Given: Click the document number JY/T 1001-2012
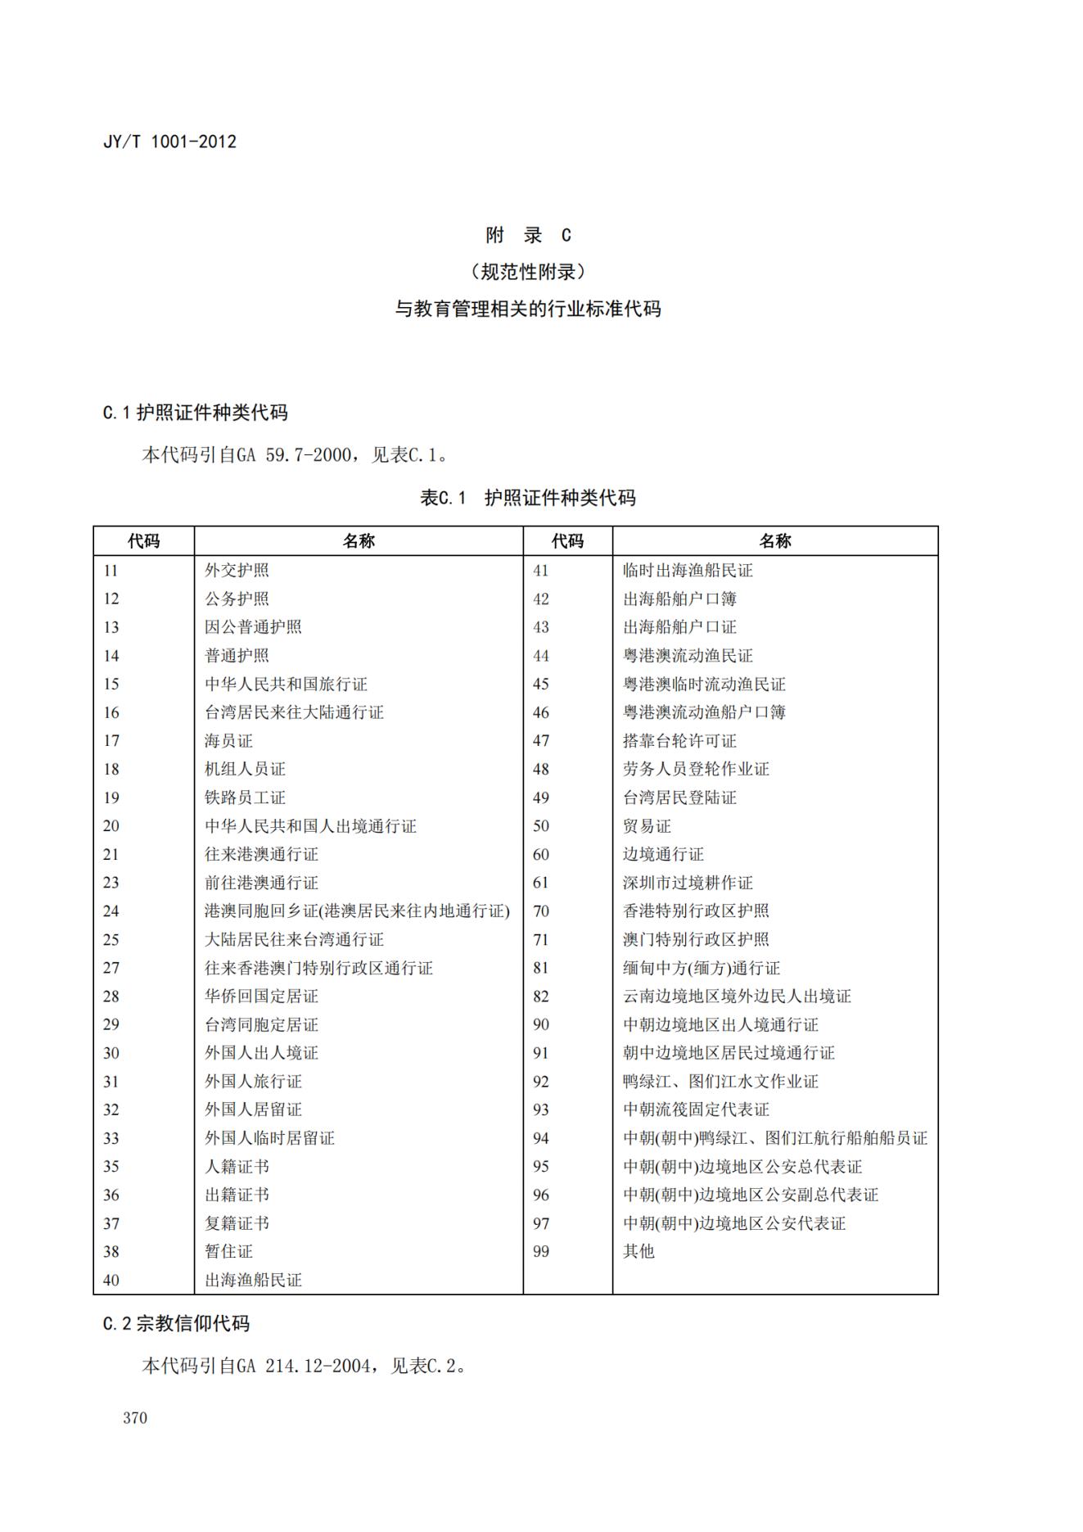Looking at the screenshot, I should (x=169, y=142).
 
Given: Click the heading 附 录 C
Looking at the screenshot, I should (x=528, y=236).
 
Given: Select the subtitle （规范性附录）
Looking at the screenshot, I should (x=528, y=272).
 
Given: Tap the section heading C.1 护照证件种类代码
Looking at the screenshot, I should (x=195, y=413).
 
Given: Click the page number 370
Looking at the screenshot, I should (x=135, y=1418).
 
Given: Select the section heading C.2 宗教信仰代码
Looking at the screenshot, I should (x=176, y=1324).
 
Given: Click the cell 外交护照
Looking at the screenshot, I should (x=237, y=571).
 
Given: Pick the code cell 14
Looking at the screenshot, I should (x=111, y=656).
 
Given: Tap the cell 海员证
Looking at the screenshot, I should (x=228, y=741).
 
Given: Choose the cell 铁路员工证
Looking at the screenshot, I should (x=245, y=798).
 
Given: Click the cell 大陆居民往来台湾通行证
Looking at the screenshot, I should (x=294, y=939).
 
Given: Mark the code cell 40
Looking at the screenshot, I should (x=111, y=1280).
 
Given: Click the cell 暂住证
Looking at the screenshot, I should (x=228, y=1251).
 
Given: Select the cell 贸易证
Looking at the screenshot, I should (x=647, y=826).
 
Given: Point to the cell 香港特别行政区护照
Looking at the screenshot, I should (x=696, y=911).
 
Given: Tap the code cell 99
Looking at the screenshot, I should (x=541, y=1251).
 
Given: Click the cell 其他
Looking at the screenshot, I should (x=639, y=1251).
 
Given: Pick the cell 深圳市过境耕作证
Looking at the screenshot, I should (x=688, y=883).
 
